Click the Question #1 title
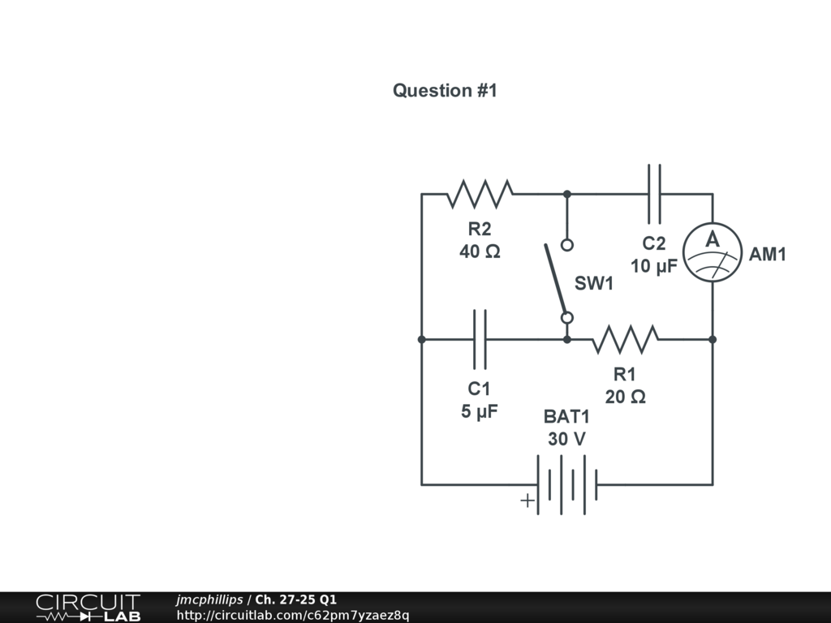pyautogui.click(x=444, y=91)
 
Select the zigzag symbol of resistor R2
pyautogui.click(x=480, y=194)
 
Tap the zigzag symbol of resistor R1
pyautogui.click(x=624, y=339)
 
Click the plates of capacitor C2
pyautogui.click(x=654, y=194)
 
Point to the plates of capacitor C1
pyautogui.click(x=480, y=339)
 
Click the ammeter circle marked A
pyautogui.click(x=713, y=253)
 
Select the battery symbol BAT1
pyautogui.click(x=566, y=484)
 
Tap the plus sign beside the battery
pyautogui.click(x=527, y=501)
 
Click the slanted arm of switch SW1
pyautogui.click(x=555, y=280)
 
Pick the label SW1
pyautogui.click(x=594, y=284)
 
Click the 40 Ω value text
pyautogui.click(x=480, y=252)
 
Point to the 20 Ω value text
pyautogui.click(x=625, y=397)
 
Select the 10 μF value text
pyautogui.click(x=654, y=266)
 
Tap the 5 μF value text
pyautogui.click(x=480, y=412)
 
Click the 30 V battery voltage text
pyautogui.click(x=566, y=439)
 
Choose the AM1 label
pyautogui.click(x=767, y=255)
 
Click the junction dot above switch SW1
pyautogui.click(x=567, y=194)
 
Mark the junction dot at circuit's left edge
pyautogui.click(x=421, y=339)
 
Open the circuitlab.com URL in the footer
pyautogui.click(x=293, y=615)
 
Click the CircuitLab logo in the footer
pyautogui.click(x=88, y=608)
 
